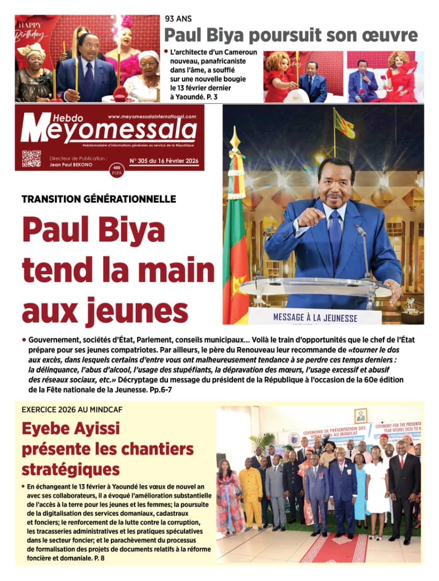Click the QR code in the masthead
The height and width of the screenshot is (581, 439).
click(x=31, y=159)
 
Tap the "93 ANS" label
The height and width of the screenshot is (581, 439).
click(x=179, y=20)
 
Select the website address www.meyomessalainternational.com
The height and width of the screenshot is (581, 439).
click(x=152, y=116)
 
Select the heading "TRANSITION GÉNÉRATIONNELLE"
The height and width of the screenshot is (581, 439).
click(x=99, y=199)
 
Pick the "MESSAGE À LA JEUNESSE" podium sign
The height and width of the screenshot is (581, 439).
click(x=315, y=317)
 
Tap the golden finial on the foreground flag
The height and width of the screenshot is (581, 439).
click(x=235, y=138)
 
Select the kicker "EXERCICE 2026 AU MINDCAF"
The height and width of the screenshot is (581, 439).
click(x=72, y=409)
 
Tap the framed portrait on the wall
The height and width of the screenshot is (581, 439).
click(x=360, y=415)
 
